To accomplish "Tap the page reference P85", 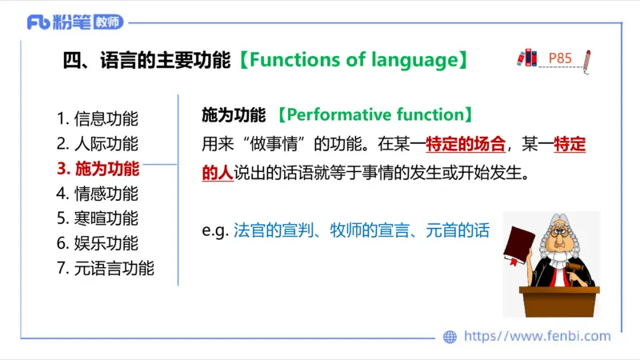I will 560,58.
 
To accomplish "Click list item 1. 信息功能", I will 97,119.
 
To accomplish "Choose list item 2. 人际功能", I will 97,144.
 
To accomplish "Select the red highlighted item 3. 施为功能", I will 97,169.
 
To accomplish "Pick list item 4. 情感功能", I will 97,194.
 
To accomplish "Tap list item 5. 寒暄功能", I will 97,218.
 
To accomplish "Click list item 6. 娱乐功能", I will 97,243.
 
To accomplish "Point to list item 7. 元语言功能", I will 105,268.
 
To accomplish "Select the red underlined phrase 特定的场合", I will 466,145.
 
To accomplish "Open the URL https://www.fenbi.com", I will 537,337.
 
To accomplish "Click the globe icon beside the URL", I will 450,337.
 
